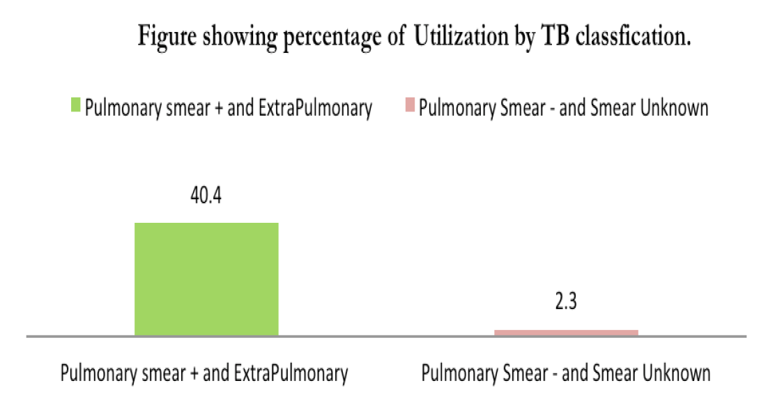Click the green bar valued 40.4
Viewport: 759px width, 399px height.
(x=206, y=279)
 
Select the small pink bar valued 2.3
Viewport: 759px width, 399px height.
(x=566, y=333)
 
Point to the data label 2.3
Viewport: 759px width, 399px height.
(x=566, y=304)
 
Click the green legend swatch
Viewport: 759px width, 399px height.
(x=75, y=106)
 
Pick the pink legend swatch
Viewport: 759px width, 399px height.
(x=411, y=106)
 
